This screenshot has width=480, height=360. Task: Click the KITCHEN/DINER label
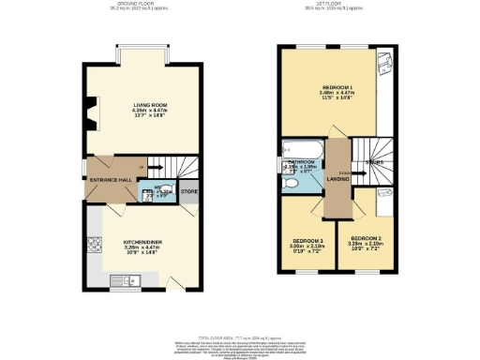coord(141,243)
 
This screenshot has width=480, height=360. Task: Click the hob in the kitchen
coord(96,247)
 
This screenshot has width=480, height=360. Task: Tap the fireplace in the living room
coord(89,112)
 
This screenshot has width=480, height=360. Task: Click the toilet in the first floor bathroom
coord(292,185)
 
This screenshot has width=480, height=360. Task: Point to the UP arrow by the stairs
coord(143,169)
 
